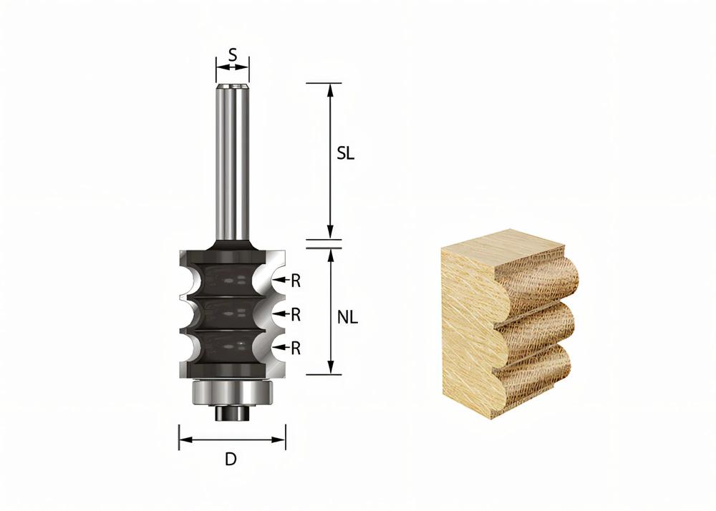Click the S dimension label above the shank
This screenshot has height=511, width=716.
[233, 53]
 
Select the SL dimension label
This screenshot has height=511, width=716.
[346, 155]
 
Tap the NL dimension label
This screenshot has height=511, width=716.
[347, 318]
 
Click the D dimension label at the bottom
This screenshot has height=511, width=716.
[231, 459]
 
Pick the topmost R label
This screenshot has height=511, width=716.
[296, 281]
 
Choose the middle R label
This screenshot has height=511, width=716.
[296, 313]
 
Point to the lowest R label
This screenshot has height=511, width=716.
[296, 348]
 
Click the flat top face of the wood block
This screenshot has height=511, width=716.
[501, 247]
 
